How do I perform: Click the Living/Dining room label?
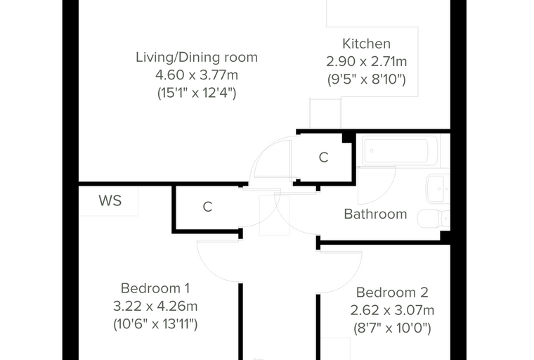(197, 57)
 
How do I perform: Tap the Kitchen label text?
(366, 44)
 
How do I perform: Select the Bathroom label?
(375, 214)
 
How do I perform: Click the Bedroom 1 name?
(155, 288)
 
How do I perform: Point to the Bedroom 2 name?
(392, 292)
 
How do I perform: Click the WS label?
(110, 201)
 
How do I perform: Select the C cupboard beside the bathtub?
(323, 157)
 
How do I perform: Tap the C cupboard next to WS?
(207, 207)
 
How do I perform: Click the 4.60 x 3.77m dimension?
(197, 75)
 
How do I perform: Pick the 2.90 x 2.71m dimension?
(366, 62)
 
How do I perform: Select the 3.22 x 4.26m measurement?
(155, 306)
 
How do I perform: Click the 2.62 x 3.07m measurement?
(392, 310)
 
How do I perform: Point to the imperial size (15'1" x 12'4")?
(197, 93)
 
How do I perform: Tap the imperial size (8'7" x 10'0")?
(392, 328)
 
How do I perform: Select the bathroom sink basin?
(438, 188)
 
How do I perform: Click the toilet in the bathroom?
(434, 219)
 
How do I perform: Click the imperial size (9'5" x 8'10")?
(366, 79)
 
